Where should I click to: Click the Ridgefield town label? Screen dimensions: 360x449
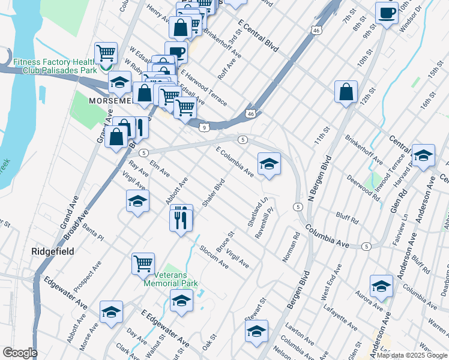(53, 251)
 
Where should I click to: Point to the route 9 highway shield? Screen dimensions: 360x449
(205, 127)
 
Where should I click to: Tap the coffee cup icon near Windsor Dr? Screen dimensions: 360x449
(387, 13)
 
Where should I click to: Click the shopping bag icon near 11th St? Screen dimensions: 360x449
(346, 92)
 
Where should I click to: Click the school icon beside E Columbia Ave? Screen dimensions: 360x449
(269, 164)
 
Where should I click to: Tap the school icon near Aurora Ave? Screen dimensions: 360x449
(381, 287)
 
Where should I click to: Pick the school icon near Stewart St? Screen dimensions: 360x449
(256, 332)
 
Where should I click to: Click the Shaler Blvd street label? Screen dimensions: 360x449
(213, 193)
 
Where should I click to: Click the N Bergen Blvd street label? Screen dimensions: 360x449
(320, 182)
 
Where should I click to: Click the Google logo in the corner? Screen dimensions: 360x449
(20, 353)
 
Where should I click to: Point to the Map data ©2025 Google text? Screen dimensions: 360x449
(411, 355)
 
